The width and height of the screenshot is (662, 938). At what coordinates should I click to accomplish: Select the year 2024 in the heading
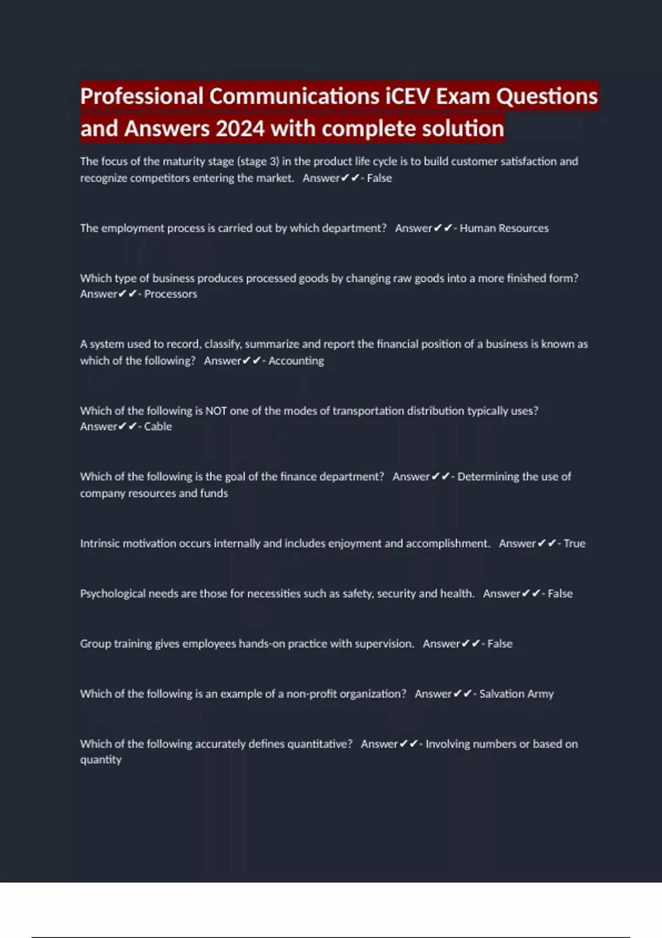(x=240, y=129)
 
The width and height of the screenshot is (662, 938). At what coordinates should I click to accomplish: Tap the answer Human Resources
(x=504, y=228)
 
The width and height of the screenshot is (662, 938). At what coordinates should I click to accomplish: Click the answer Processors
(x=170, y=294)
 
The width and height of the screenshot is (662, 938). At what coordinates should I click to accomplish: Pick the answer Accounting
(x=296, y=361)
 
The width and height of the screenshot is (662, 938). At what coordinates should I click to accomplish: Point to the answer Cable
(x=158, y=427)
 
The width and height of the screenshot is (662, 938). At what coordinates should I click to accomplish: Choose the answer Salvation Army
(x=516, y=694)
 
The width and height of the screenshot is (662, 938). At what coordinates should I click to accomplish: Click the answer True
(x=574, y=543)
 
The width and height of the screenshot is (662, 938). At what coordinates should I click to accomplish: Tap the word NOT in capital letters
(x=216, y=411)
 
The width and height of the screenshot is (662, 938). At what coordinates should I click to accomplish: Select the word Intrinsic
(x=100, y=543)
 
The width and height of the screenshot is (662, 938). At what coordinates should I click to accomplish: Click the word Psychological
(x=113, y=594)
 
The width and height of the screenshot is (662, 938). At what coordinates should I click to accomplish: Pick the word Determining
(x=488, y=477)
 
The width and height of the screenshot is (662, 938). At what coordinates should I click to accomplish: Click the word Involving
(x=448, y=744)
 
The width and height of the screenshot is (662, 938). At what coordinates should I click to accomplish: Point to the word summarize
(x=272, y=344)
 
